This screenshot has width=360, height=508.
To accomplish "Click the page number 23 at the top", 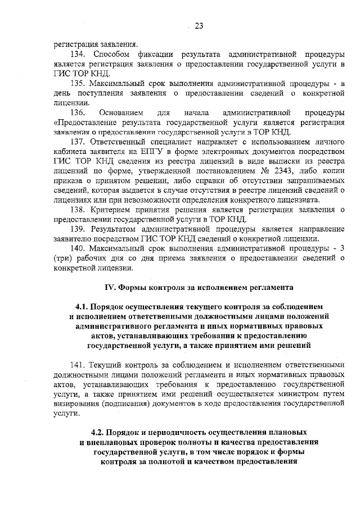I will (x=199, y=25).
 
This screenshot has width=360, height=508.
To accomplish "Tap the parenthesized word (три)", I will (x=63, y=259).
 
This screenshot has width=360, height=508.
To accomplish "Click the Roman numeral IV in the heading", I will (x=111, y=287).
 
